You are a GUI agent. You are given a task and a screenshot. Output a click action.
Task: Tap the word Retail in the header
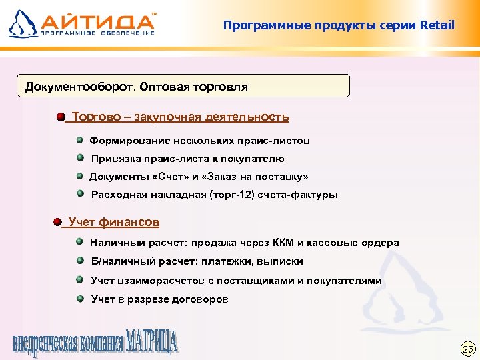pyautogui.click(x=437, y=26)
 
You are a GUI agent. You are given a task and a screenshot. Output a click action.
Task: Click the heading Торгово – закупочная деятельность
pyautogui.click(x=180, y=117)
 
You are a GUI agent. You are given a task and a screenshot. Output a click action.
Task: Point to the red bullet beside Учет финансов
pyautogui.click(x=58, y=222)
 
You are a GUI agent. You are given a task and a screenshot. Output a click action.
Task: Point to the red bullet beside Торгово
pyautogui.click(x=61, y=117)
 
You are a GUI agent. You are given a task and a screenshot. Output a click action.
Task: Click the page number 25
pyautogui.click(x=467, y=349)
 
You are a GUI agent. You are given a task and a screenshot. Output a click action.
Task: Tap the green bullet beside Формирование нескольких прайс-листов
pyautogui.click(x=80, y=140)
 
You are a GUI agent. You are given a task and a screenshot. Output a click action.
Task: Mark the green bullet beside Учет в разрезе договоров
pyautogui.click(x=80, y=299)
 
